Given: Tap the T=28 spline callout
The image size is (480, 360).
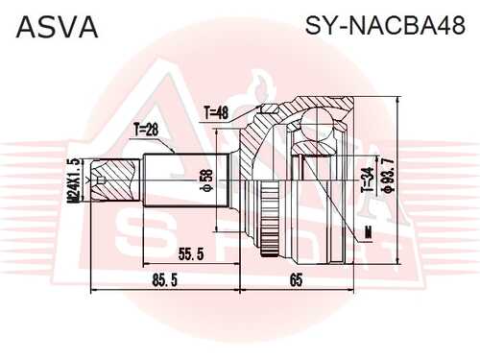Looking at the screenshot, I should tap(146, 128).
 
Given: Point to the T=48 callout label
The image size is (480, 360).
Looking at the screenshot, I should tap(218, 113).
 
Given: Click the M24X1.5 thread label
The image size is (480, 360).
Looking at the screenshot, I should tap(73, 179).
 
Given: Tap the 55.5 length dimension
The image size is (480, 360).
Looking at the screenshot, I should tap(192, 253).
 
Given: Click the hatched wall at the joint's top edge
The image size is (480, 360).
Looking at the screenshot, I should tap(317, 102).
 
